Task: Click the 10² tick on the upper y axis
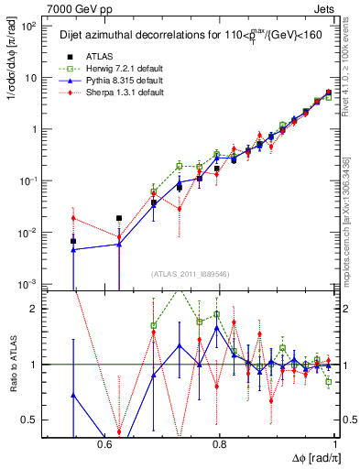30,26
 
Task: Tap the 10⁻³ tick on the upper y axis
29,285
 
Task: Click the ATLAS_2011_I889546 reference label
190,273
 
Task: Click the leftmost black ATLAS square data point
73,241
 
